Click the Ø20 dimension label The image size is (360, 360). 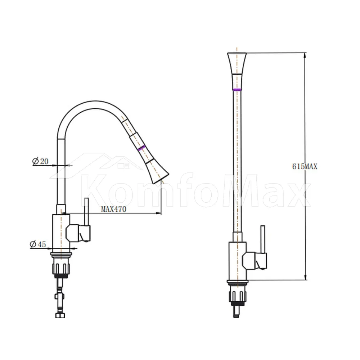click(x=40, y=161)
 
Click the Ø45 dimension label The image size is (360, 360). click(x=38, y=244)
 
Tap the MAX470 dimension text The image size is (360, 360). click(x=114, y=209)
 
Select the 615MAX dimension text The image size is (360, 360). click(x=305, y=166)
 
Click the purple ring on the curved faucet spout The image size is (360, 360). click(x=141, y=148)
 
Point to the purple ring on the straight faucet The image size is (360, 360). click(x=237, y=89)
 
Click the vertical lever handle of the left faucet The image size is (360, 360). click(x=86, y=212)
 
